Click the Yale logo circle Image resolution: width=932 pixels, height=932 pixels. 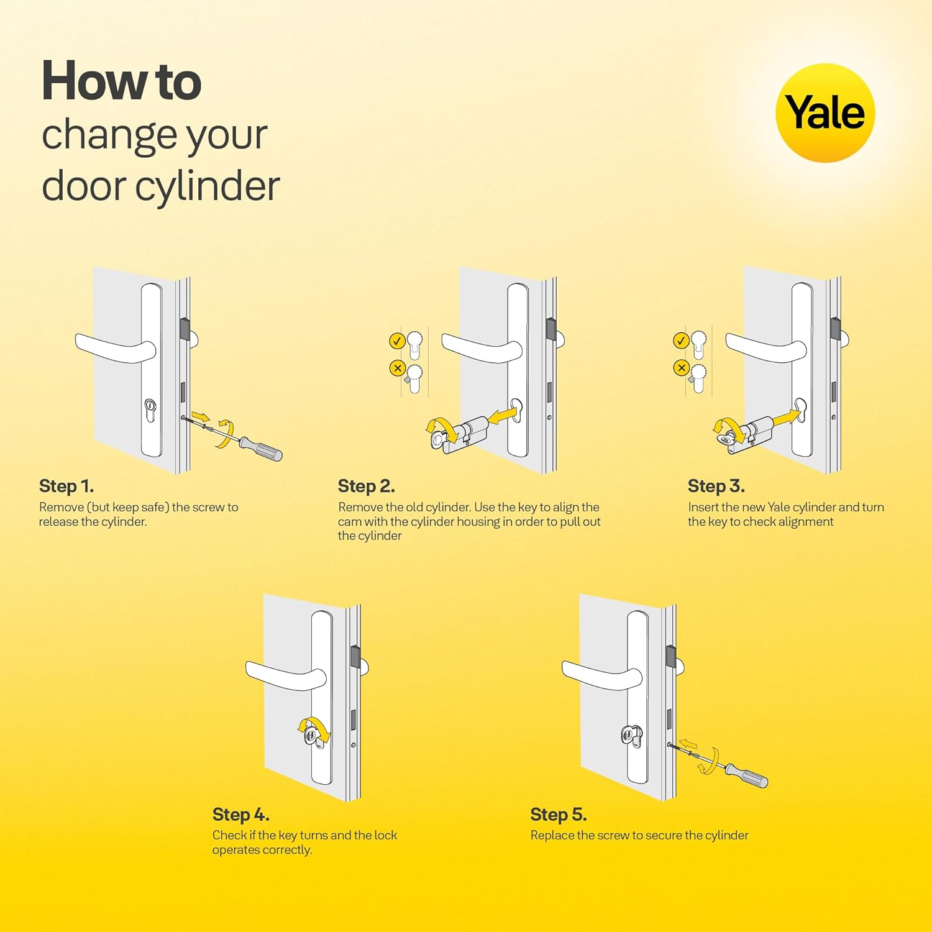point(825,113)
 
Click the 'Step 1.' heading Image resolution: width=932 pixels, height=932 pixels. point(66,486)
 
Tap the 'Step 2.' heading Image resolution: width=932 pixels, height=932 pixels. point(366,486)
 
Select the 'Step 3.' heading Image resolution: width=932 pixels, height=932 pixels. point(716,486)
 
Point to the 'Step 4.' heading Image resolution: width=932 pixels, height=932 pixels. point(240,814)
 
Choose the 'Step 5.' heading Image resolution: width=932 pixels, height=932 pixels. point(558,814)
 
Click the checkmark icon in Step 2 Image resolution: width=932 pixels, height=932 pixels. point(397,340)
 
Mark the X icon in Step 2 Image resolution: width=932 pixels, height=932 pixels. point(397,368)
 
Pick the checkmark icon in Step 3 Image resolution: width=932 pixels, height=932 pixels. point(681,340)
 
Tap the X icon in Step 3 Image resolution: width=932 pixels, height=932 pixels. point(681,368)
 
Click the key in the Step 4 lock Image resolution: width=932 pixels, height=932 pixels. point(311,737)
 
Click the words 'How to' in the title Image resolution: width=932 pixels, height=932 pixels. point(121,81)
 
